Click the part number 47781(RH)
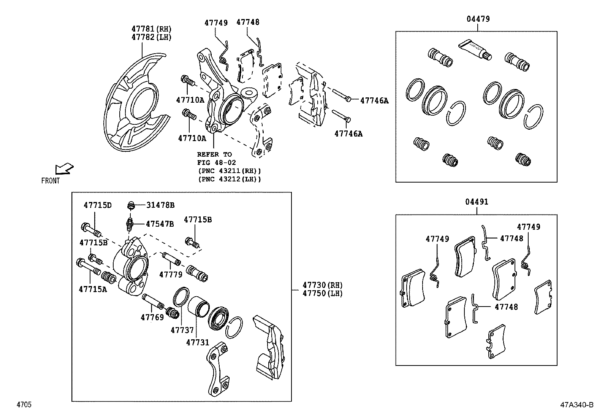pyautogui.click(x=151, y=29)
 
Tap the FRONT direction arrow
pyautogui.click(x=64, y=168)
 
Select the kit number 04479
pyautogui.click(x=478, y=19)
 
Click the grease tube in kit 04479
pyautogui.click(x=475, y=50)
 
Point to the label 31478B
pyautogui.click(x=160, y=205)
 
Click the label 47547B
pyautogui.click(x=160, y=224)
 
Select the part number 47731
pyautogui.click(x=198, y=342)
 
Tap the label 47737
pyautogui.click(x=182, y=331)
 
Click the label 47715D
pyautogui.click(x=98, y=205)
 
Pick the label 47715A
pyautogui.click(x=93, y=289)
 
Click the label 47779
pyautogui.click(x=171, y=274)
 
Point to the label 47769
pyautogui.click(x=152, y=317)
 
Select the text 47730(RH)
pyautogui.click(x=322, y=285)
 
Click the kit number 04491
pyautogui.click(x=477, y=202)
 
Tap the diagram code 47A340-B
pyautogui.click(x=576, y=405)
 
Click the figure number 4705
pyautogui.click(x=24, y=405)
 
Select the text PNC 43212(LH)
pyautogui.click(x=230, y=179)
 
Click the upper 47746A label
pyautogui.click(x=374, y=100)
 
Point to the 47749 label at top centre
pyautogui.click(x=216, y=23)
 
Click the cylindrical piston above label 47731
pyautogui.click(x=198, y=307)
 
